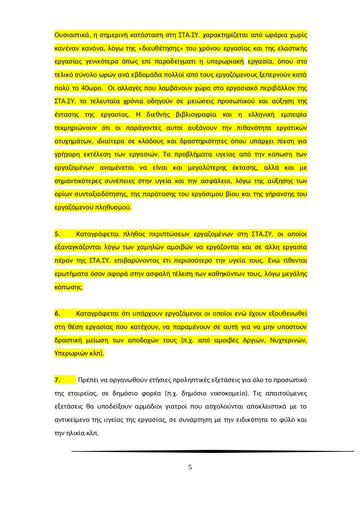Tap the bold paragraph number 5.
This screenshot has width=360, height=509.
coord(57,234)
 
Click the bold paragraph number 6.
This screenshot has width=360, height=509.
coord(57,313)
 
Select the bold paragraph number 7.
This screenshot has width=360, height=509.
coord(57,380)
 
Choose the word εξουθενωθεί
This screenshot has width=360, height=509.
coord(288,313)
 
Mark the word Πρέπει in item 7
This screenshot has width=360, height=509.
coord(88,380)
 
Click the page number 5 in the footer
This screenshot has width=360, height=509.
coord(190,467)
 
